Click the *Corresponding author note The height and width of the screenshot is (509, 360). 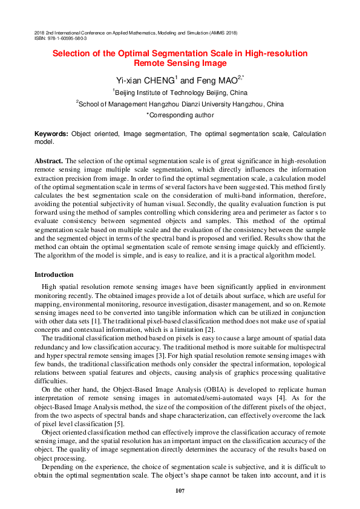coord(180,114)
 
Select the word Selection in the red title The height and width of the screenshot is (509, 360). coord(72,54)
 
